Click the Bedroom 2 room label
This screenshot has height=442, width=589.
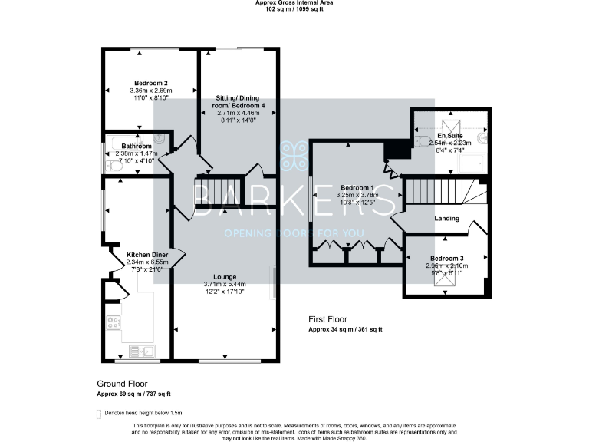(x=151, y=83)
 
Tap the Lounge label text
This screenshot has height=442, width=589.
(x=225, y=276)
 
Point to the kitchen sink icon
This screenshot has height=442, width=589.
(x=142, y=351)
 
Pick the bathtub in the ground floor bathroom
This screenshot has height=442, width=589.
(x=127, y=142)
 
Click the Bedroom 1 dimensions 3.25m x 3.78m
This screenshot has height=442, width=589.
(x=357, y=195)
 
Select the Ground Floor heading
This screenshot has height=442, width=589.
(x=122, y=383)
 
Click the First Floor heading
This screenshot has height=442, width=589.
(x=327, y=318)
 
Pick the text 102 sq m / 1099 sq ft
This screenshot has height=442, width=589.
(x=294, y=10)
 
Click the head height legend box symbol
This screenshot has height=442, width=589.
(x=98, y=413)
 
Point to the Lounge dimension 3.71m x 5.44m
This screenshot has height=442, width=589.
(x=225, y=285)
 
